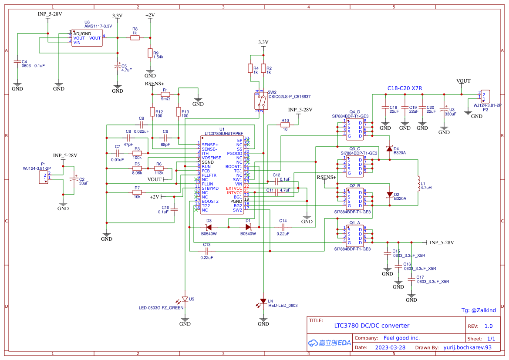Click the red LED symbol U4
tap(263, 301)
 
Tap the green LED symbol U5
tap(185, 299)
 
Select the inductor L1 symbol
tap(418, 184)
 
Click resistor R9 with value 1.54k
tap(150, 53)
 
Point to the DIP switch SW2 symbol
tap(261, 101)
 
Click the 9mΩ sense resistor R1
tap(165, 94)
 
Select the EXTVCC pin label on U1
tap(234, 188)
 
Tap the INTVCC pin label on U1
tap(234, 192)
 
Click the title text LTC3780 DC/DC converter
tap(371, 326)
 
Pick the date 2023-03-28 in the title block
tap(390, 347)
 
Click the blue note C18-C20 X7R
tap(405, 88)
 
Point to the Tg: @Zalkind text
tap(478, 310)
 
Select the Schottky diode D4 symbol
tap(389, 149)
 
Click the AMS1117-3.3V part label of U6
tap(98, 26)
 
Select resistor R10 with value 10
tap(285, 125)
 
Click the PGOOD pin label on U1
tap(235, 153)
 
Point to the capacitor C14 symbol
tap(283, 227)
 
